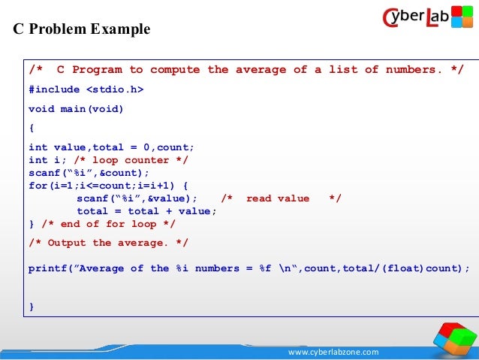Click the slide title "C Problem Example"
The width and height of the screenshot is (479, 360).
[82, 29]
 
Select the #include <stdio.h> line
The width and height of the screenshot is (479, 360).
[86, 89]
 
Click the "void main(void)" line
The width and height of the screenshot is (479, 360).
[76, 108]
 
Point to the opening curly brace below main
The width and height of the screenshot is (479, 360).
[31, 127]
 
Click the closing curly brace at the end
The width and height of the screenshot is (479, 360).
[31, 306]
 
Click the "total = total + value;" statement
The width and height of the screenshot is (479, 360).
[146, 211]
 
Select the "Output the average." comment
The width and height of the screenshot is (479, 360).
[108, 243]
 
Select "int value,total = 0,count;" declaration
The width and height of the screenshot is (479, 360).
[111, 147]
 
